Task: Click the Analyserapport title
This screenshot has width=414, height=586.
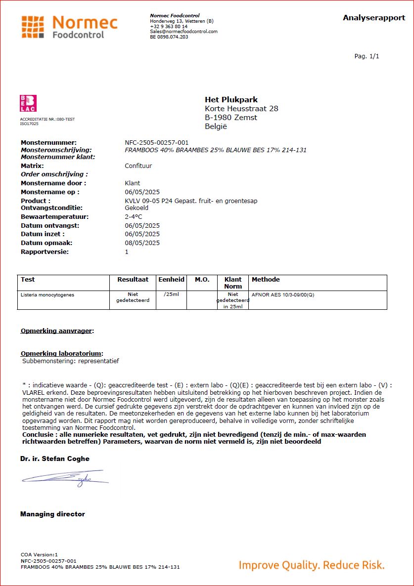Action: coord(374,18)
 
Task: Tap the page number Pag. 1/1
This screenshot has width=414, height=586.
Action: coord(367,56)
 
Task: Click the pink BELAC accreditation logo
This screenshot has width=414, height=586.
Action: coord(28,103)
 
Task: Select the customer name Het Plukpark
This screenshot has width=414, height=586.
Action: coord(231,100)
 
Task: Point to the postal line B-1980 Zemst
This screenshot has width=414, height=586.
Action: coord(231,118)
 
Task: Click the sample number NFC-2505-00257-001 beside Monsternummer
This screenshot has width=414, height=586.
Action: coord(156,142)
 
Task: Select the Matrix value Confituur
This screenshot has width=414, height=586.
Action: coord(138,166)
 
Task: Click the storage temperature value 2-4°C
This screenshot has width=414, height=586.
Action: coord(134,216)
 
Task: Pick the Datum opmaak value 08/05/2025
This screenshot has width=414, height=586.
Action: coord(142,243)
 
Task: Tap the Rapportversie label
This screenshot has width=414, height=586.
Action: coord(45,251)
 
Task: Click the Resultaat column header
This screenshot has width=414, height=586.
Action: coord(133,280)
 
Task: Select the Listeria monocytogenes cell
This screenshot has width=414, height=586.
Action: coord(47,295)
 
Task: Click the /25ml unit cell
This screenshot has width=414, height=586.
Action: coord(171,295)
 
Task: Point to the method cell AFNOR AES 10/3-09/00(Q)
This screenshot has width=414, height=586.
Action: coord(283,295)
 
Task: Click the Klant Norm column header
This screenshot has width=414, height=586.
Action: coord(233,283)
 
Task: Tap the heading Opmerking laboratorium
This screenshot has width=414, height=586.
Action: coord(62,353)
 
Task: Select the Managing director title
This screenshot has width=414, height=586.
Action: coord(52,514)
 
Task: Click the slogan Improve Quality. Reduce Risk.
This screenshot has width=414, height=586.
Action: coord(311,565)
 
